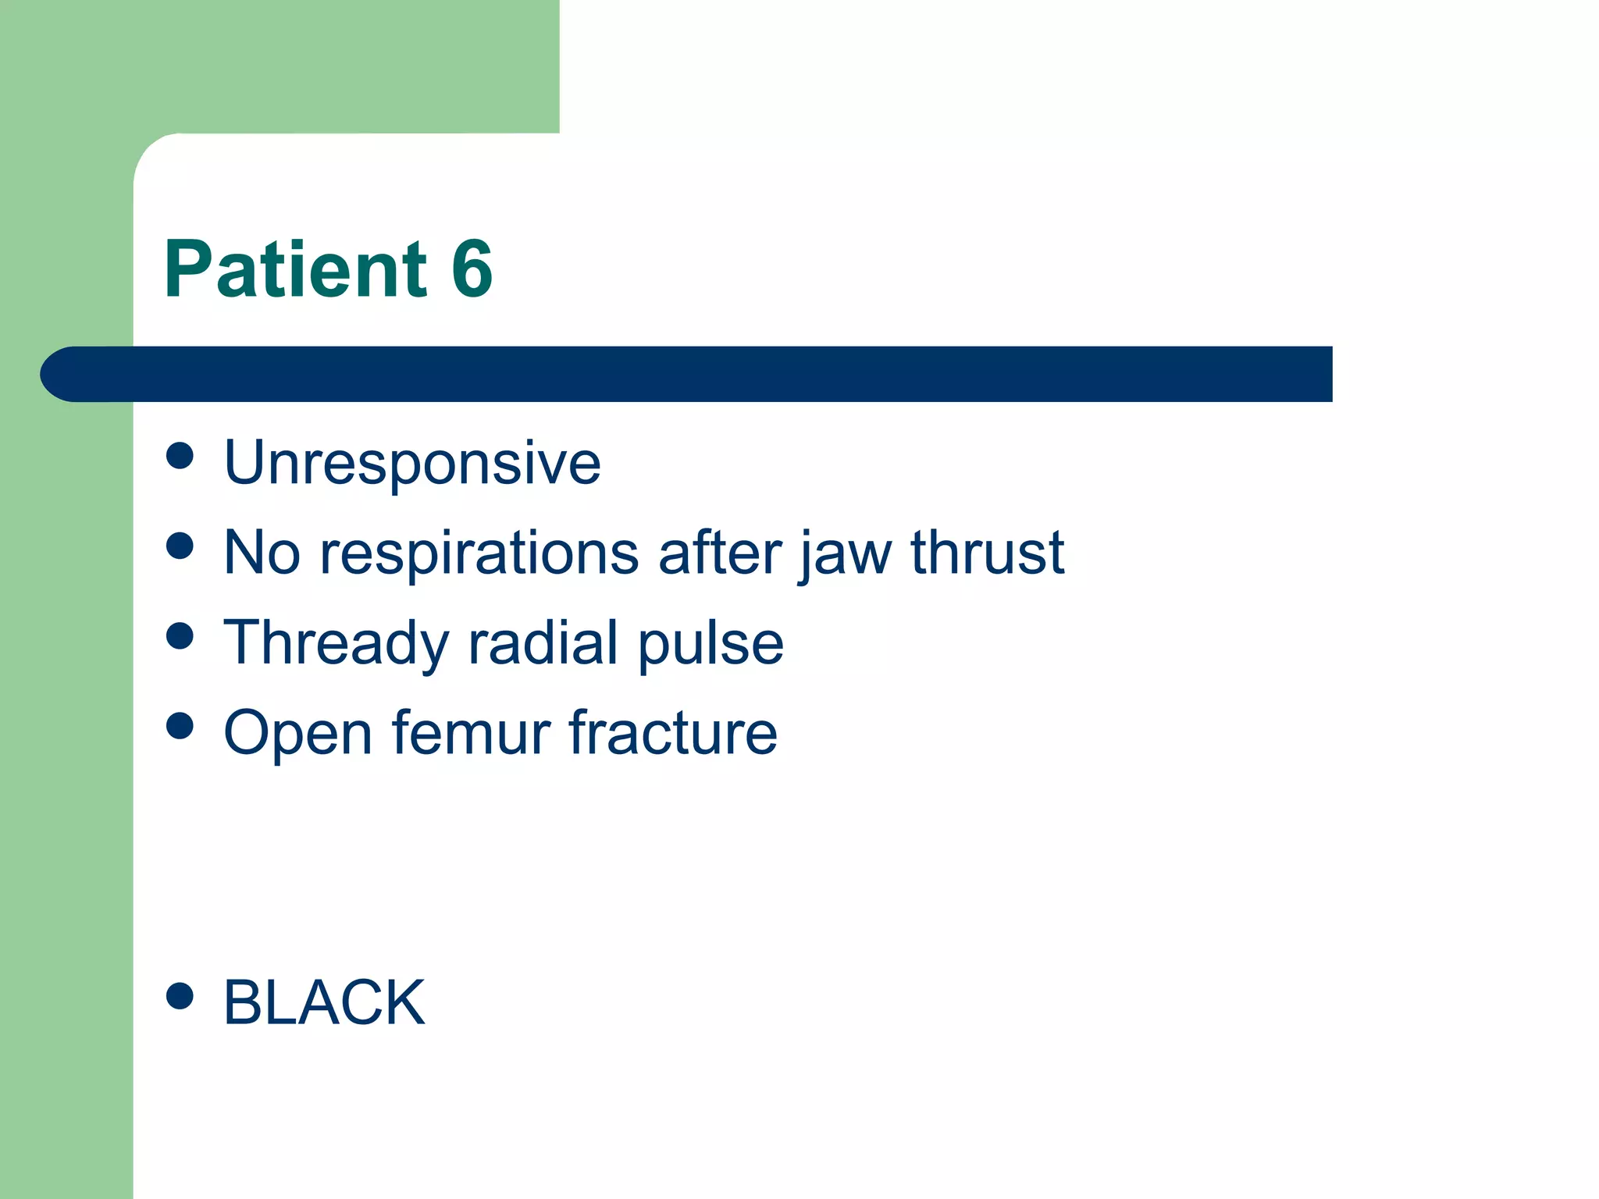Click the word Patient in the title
(295, 269)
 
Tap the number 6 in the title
(472, 269)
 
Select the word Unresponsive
(412, 463)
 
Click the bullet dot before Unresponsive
(180, 456)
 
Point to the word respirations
(479, 553)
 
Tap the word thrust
(987, 552)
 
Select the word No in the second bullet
(262, 553)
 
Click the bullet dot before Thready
(180, 635)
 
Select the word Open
(297, 735)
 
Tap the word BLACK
(324, 1002)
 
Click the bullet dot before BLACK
(180, 995)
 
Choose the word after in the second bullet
(719, 552)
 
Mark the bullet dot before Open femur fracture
(180, 726)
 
